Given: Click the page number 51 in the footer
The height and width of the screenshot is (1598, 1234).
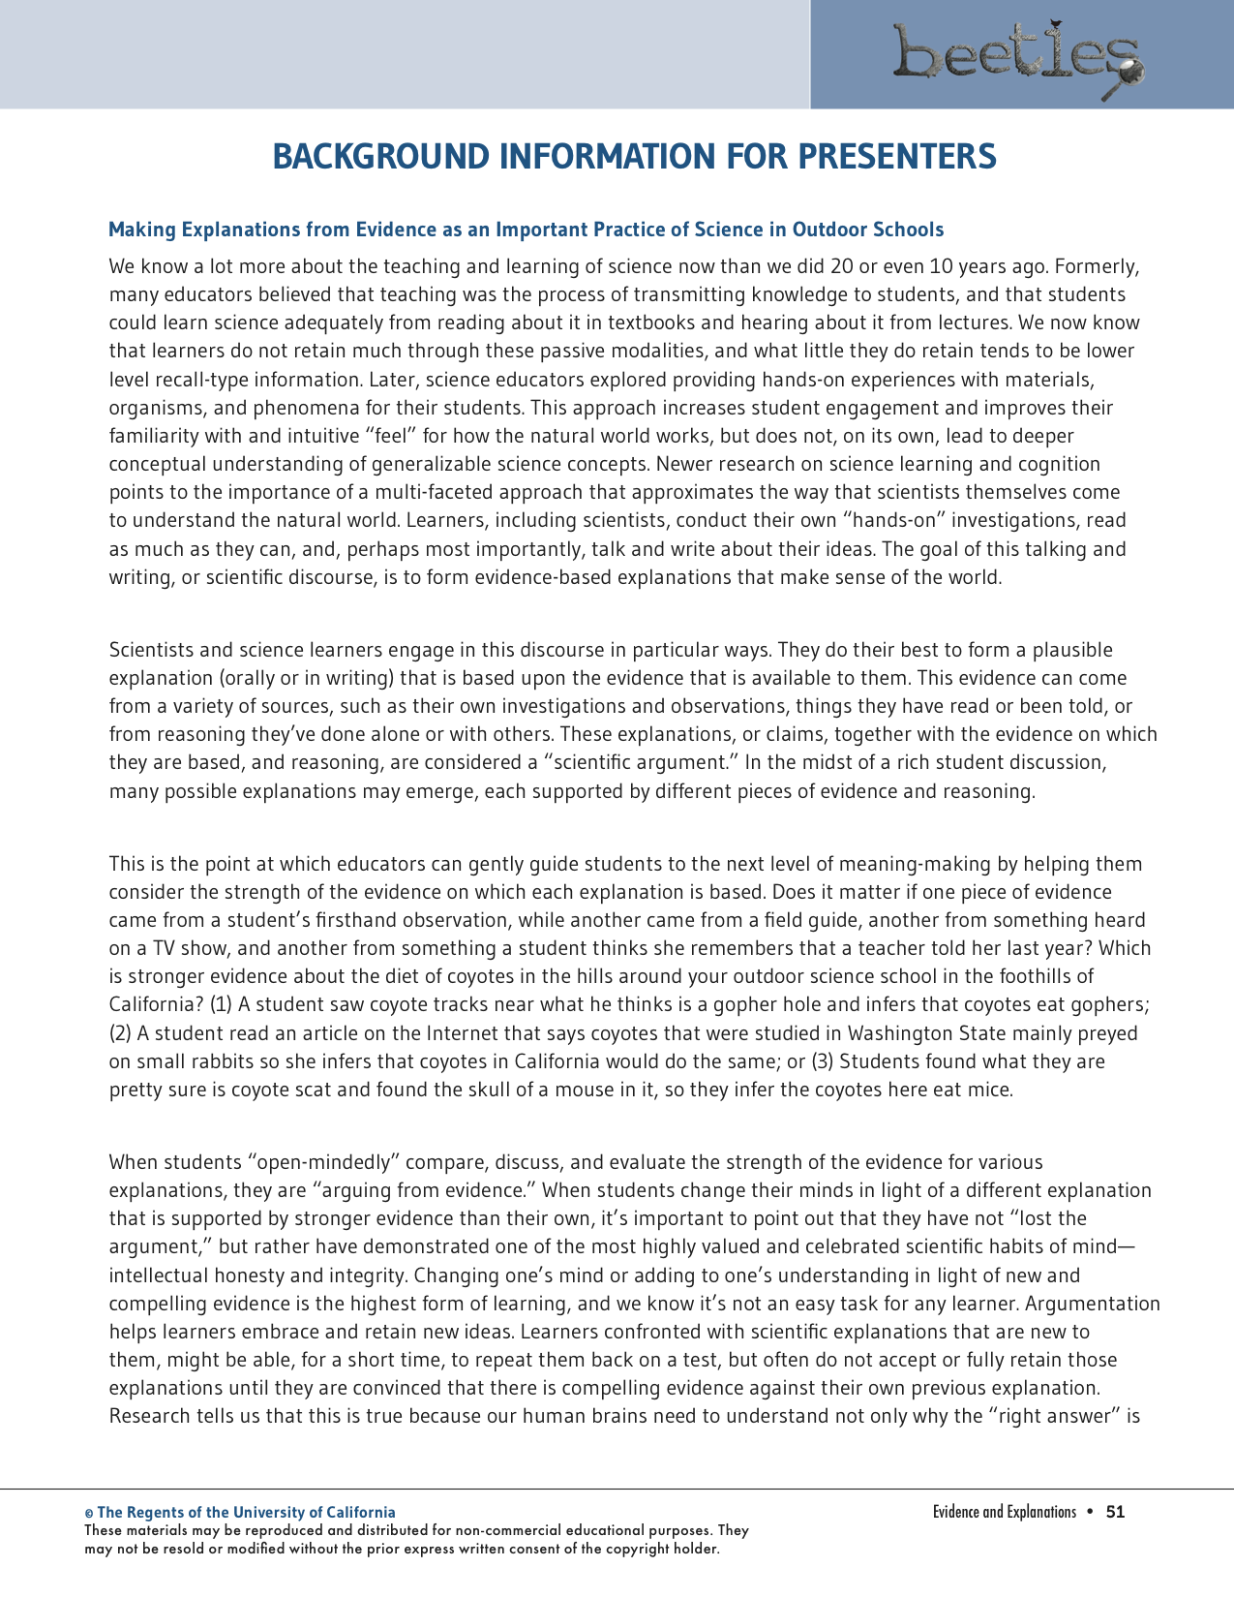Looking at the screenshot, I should (1115, 1512).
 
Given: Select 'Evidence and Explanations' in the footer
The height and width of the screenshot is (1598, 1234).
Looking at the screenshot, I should (1004, 1512).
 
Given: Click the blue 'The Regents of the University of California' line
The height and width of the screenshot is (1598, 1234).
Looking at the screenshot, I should (246, 1512).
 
